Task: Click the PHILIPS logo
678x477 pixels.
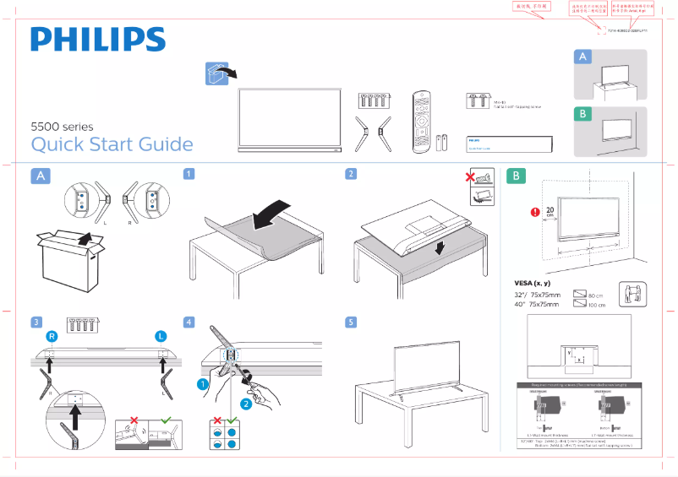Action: tap(98, 40)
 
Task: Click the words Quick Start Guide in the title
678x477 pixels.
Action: tap(112, 144)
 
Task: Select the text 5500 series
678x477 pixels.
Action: tap(62, 127)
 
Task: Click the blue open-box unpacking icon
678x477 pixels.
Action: tap(217, 73)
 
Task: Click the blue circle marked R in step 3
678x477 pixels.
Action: tap(52, 337)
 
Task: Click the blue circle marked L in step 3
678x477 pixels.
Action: tap(161, 337)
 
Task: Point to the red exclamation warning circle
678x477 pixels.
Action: tap(533, 212)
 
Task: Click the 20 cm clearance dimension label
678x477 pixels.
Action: tap(550, 212)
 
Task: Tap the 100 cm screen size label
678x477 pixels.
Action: tap(595, 304)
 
